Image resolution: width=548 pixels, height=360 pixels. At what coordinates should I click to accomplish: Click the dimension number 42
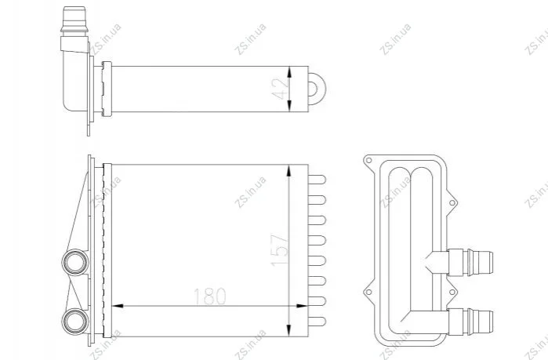(281, 89)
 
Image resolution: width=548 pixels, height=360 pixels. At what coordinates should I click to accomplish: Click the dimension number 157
(281, 250)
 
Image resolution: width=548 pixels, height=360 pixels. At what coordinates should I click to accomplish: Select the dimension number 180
(209, 296)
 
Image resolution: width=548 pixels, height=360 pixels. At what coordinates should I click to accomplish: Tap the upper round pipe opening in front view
(75, 263)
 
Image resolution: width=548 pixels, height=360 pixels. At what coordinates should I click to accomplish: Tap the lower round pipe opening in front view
(75, 322)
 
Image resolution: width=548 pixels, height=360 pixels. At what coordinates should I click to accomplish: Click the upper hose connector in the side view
(470, 263)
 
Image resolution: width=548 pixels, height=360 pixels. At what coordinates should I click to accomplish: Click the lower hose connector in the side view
(470, 322)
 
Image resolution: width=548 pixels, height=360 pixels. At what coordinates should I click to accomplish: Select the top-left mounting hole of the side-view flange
(368, 161)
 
